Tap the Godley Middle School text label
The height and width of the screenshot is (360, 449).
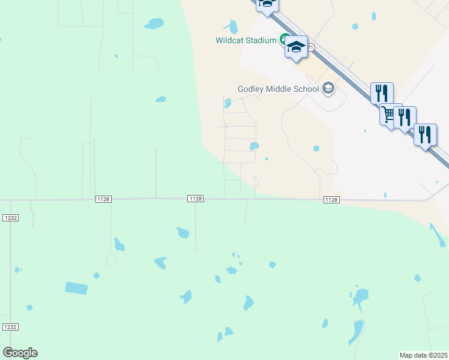point(278,89)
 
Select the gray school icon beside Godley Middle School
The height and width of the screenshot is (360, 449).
point(328,89)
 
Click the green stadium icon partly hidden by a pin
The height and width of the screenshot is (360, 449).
point(282,41)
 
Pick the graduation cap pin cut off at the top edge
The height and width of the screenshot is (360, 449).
point(267,5)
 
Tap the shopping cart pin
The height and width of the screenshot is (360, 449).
point(388,114)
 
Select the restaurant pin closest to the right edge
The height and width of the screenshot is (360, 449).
point(425,134)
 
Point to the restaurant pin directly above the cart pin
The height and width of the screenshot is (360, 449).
point(382,93)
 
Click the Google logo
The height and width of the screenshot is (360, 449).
point(20,353)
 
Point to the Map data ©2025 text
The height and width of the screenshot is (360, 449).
point(424,355)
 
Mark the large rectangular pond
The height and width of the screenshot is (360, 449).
point(76,288)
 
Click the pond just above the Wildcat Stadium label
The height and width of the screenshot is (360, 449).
point(232,26)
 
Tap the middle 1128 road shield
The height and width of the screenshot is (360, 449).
point(195,199)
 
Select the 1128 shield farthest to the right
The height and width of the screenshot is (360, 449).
point(331,199)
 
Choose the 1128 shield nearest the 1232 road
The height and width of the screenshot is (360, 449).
point(102,199)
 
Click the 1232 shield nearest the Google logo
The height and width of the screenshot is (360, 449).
point(10,327)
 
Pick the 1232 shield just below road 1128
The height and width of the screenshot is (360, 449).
point(10,218)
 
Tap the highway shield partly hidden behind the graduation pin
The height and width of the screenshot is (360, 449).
point(310,46)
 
